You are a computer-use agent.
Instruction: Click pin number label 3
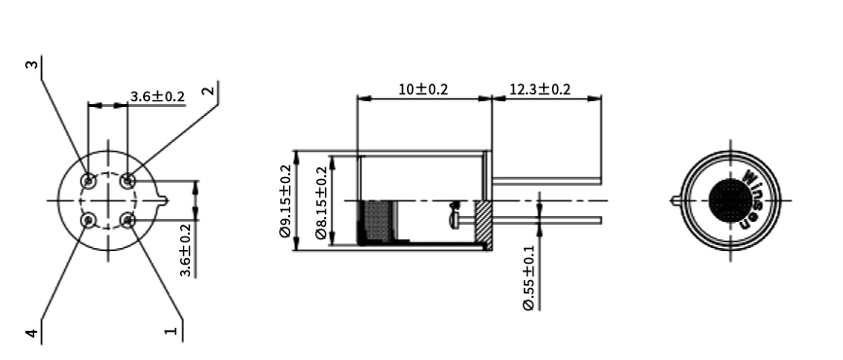33,65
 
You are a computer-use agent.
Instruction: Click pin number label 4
32,333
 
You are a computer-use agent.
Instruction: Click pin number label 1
171,332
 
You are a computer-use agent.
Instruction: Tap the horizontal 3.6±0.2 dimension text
157,96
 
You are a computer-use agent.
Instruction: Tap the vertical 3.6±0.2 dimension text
186,248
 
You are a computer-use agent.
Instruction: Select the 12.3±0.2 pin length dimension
540,90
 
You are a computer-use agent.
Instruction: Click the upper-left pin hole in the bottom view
89,180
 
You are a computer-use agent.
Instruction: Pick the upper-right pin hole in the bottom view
128,180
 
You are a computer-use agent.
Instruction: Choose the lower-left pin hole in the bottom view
89,220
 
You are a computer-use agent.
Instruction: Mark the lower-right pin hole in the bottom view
128,221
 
